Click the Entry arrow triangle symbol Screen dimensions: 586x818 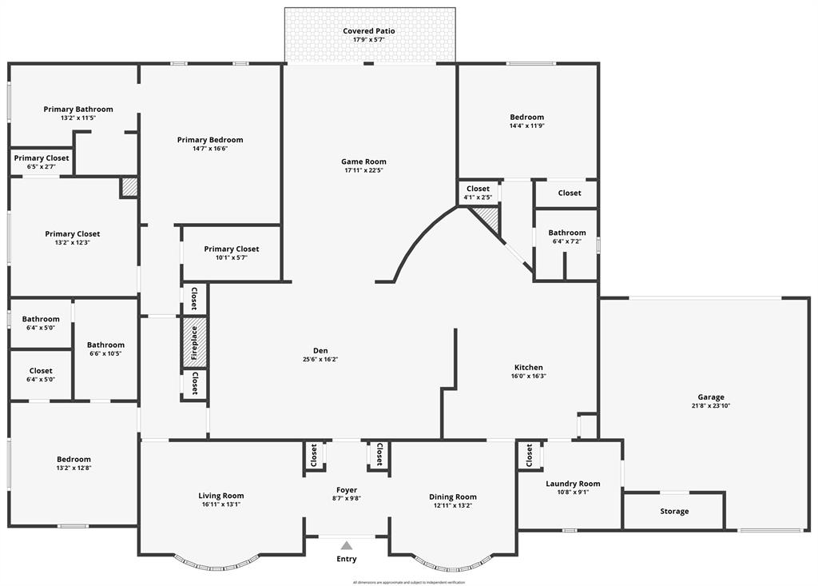tap(347, 545)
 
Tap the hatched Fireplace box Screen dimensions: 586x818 tap(194, 343)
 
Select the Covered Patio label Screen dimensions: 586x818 tap(369, 31)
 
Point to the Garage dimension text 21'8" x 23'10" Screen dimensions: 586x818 tap(711, 406)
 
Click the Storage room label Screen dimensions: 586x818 tap(674, 512)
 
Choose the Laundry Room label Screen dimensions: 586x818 tap(573, 484)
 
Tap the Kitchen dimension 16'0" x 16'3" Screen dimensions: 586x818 tap(528, 376)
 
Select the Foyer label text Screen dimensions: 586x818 tap(347, 490)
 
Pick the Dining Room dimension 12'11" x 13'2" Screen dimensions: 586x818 tap(453, 505)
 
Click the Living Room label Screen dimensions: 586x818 tap(221, 496)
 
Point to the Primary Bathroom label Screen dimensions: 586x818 tap(78, 110)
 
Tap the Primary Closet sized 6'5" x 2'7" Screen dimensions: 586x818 tap(42, 162)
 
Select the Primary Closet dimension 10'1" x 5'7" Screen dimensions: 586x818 tap(231, 257)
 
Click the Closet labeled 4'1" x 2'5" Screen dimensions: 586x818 tap(478, 193)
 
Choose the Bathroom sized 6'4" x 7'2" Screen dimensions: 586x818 tap(566, 237)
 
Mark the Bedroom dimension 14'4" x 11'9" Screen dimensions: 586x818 tap(526, 126)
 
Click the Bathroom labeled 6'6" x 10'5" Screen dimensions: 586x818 tap(105, 349)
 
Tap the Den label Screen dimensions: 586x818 tap(320, 350)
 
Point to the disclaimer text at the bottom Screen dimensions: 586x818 tap(408, 582)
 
